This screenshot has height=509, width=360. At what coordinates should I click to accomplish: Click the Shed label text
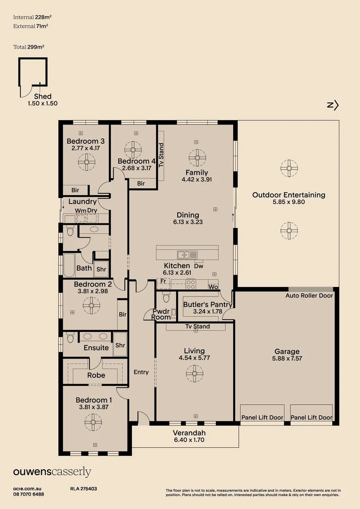tap(42, 97)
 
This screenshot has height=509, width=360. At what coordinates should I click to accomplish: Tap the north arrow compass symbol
tap(333, 106)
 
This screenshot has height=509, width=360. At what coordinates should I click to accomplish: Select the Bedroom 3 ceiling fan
tap(87, 163)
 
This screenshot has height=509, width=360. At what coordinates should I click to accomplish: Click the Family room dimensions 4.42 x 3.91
tap(196, 180)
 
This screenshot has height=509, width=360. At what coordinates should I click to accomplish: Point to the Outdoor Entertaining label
tap(288, 195)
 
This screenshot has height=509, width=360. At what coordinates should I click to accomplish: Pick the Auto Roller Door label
tap(309, 296)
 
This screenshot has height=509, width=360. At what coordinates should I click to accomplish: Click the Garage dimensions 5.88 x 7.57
tap(287, 359)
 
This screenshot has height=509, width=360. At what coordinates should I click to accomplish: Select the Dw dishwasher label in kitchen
tap(198, 266)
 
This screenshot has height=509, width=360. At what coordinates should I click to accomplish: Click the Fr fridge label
tap(163, 281)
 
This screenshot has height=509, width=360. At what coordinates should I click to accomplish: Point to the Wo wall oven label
tap(213, 287)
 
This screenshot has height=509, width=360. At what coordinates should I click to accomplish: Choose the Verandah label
tap(189, 433)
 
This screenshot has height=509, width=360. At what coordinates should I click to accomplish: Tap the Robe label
tap(96, 376)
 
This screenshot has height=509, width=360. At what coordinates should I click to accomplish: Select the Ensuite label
tap(96, 348)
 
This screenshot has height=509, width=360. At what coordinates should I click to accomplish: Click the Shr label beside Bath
tap(101, 270)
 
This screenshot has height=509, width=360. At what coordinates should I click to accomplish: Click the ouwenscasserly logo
tap(52, 472)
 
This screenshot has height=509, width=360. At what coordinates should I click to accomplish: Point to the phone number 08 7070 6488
tap(29, 494)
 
